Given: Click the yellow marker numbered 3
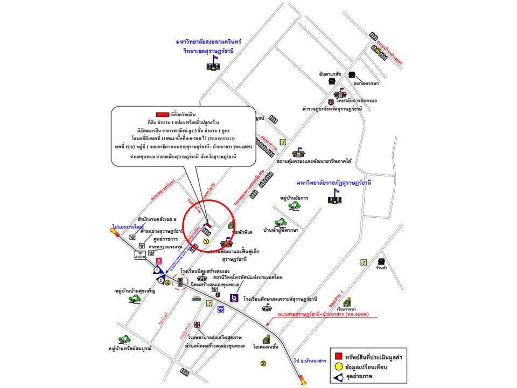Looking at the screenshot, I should coord(379,51).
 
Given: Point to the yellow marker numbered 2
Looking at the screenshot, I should coord(263,363).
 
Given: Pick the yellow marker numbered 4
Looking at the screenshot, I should coord(167,282).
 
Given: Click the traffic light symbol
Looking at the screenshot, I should coord(179,281).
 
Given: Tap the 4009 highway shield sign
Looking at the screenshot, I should coord(141,257).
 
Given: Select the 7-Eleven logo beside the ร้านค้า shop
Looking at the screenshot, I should coord(364,262).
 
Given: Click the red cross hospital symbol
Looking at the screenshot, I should coord(198,324).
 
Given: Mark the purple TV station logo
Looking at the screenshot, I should coord(234,297).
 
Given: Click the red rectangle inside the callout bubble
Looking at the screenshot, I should coord(162,115).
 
